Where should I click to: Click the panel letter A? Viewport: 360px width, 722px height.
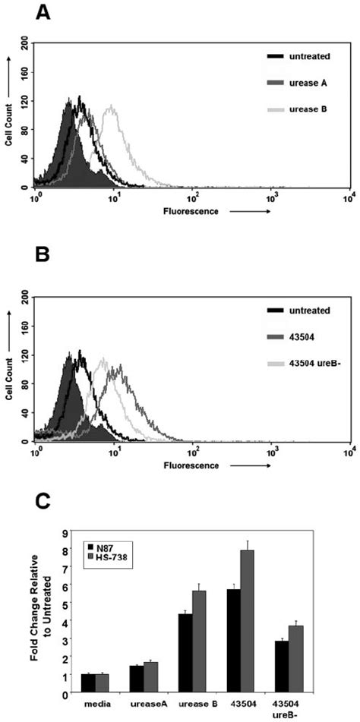[43, 13]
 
